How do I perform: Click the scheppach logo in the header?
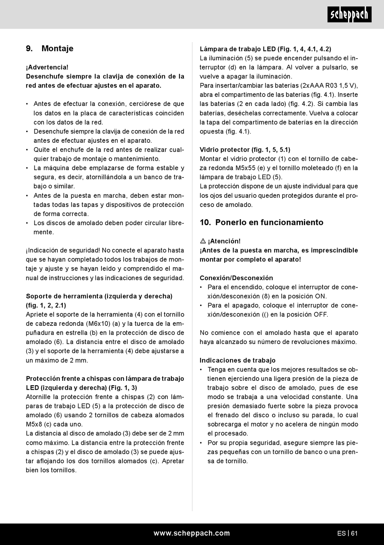tap(350, 15)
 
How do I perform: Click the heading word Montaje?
tap(57, 49)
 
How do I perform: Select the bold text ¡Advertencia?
tap(47, 67)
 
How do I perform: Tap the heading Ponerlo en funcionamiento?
tap(269, 222)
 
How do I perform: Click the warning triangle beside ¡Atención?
tap(203, 241)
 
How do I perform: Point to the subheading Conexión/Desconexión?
tap(236, 278)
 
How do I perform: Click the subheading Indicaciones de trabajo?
tap(237, 360)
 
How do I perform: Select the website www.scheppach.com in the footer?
tap(192, 533)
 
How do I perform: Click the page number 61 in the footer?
tap(354, 533)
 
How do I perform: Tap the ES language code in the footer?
tap(341, 533)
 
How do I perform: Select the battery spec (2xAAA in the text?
tap(311, 85)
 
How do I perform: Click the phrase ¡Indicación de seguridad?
tap(63, 250)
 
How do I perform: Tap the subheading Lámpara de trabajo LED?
tap(238, 49)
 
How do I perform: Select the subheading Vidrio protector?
tap(224, 150)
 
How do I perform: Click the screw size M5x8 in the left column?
tap(34, 424)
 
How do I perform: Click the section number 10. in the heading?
tap(205, 222)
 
